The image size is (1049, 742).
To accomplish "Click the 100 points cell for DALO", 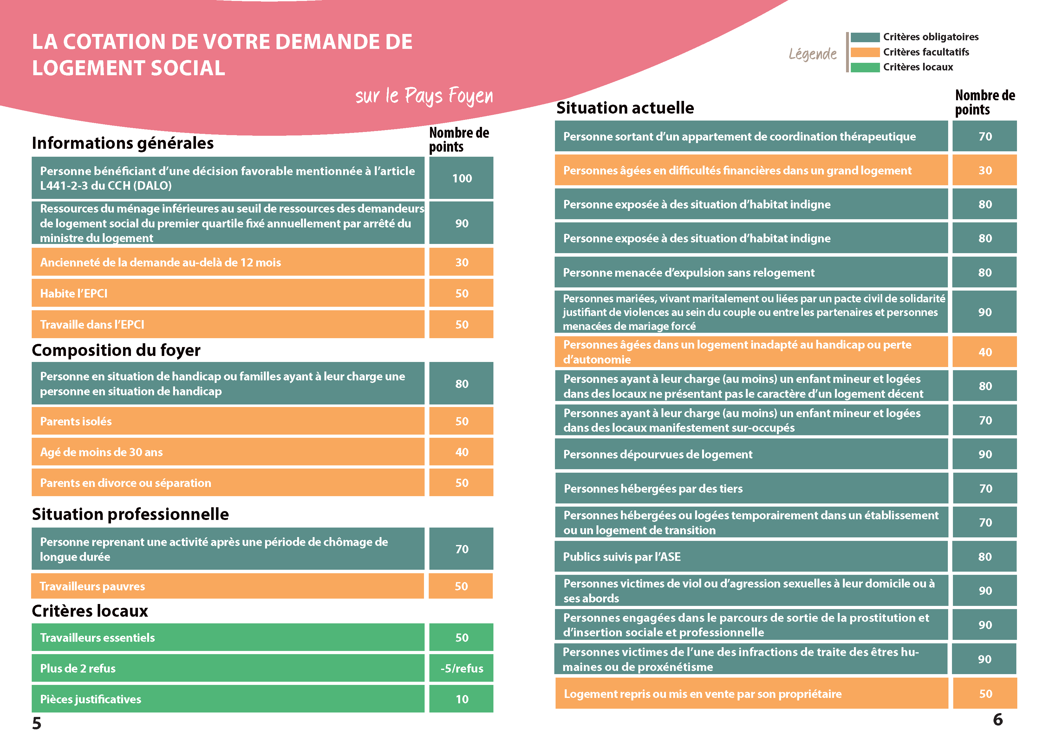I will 461,178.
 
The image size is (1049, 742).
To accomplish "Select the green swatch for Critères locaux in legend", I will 864,67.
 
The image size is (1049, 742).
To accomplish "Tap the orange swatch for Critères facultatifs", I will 864,52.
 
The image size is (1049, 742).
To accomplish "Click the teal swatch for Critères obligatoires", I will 864,37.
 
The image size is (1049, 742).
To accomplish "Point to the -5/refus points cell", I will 461,668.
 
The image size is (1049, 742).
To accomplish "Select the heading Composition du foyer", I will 116,350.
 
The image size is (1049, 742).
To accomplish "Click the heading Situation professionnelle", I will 130,514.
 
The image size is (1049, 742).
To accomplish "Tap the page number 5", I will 36,723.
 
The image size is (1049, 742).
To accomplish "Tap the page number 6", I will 998,719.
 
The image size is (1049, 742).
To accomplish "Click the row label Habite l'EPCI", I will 74,293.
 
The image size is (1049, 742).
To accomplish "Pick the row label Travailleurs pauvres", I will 92,586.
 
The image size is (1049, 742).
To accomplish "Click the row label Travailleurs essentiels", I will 97,637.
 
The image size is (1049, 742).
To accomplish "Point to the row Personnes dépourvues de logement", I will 657,455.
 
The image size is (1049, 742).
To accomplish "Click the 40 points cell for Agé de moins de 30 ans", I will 461,452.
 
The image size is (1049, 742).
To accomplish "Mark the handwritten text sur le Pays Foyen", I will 424,95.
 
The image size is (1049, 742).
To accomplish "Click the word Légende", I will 812,54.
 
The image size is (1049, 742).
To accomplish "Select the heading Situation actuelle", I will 625,108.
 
